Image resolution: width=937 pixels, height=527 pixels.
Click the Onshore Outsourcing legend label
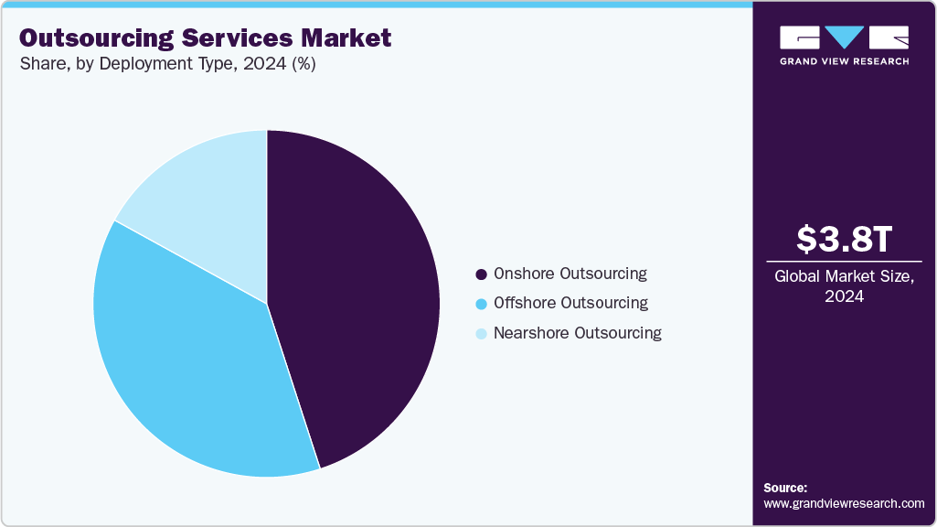click(570, 274)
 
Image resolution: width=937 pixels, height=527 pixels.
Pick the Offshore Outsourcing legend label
click(570, 303)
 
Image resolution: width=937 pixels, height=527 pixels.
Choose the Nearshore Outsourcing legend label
click(577, 333)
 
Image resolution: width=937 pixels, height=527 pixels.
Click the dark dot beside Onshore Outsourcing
click(481, 274)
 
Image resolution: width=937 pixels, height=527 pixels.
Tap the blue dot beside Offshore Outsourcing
click(481, 304)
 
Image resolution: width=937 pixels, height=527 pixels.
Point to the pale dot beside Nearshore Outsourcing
click(481, 334)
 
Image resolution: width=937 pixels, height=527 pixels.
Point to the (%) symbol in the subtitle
click(300, 65)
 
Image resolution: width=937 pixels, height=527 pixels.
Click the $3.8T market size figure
click(844, 240)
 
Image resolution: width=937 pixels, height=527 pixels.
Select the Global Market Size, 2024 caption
click(844, 286)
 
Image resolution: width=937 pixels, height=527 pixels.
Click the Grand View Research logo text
click(844, 61)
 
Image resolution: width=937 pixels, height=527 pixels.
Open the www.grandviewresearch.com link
click(844, 503)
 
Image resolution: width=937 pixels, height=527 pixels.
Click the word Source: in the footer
click(785, 488)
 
